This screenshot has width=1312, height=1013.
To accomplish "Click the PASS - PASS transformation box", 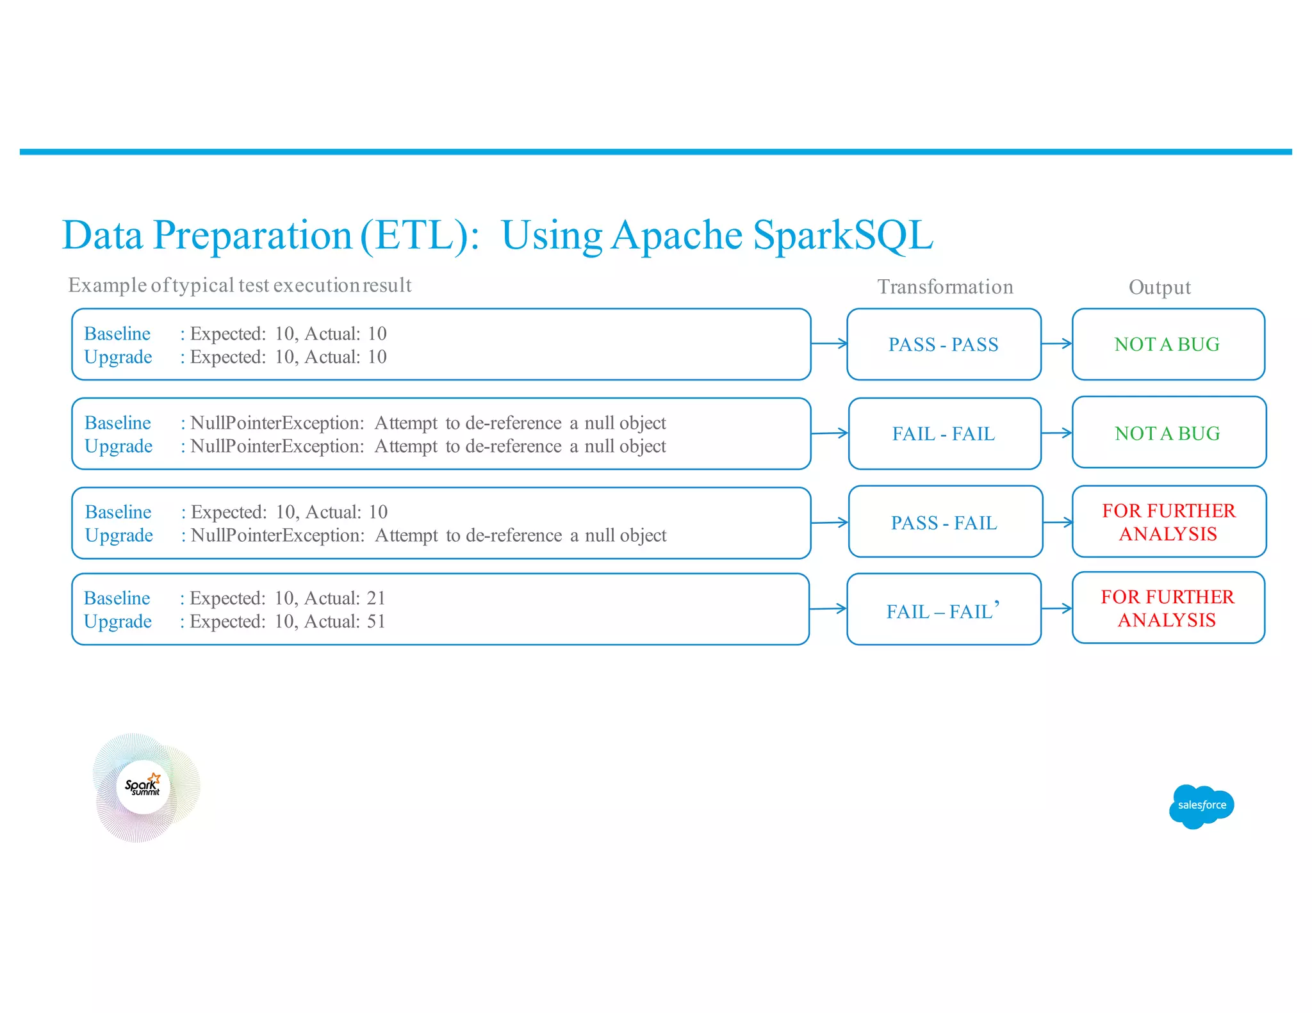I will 943,344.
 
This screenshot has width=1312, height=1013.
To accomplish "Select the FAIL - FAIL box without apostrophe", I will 944,434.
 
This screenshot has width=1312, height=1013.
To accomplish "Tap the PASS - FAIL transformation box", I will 944,523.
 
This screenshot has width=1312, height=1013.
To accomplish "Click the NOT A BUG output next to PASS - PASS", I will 1167,344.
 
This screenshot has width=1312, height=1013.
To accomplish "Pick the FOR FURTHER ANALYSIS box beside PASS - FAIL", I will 1168,522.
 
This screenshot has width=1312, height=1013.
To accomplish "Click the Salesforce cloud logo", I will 1201,806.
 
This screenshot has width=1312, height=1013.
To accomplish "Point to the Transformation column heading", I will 945,286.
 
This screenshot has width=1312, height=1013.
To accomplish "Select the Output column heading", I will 1160,287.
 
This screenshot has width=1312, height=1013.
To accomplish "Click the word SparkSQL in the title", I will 842,235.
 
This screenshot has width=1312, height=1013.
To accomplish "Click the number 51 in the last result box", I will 376,621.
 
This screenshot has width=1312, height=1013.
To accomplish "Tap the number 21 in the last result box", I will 376,598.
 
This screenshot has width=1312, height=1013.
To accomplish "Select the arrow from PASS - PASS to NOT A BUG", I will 1056,344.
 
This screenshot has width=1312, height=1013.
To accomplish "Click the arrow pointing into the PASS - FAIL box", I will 830,523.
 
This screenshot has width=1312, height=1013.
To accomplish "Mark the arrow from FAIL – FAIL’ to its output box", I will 1056,608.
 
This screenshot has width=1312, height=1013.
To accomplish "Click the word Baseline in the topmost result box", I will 117,334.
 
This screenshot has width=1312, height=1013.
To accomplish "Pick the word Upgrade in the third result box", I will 119,535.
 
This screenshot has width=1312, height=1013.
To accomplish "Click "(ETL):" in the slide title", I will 420,235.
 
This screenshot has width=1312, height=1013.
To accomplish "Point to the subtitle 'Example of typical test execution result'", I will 240,285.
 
